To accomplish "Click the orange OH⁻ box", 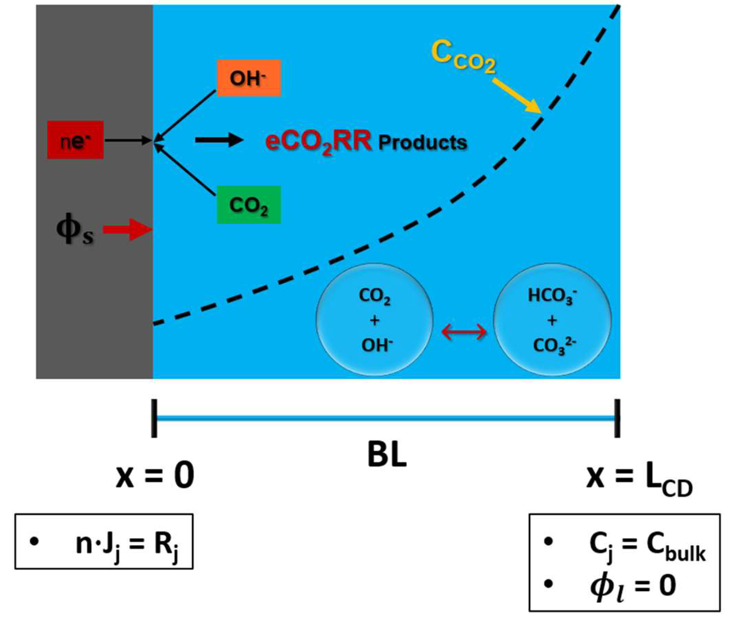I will click(249, 78).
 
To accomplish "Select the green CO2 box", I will click(249, 205).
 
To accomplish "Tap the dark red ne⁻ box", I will click(75, 140).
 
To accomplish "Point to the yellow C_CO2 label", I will click(463, 57).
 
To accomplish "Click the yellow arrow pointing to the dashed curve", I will click(516, 96).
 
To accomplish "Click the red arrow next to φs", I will click(128, 230).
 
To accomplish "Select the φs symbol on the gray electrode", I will click(75, 231).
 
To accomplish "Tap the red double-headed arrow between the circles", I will click(464, 332).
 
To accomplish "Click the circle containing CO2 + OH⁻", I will click(375, 320).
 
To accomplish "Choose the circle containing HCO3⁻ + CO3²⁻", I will click(552, 320).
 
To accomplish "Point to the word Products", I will click(422, 142).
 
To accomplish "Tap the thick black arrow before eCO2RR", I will click(219, 140).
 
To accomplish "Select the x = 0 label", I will click(155, 476).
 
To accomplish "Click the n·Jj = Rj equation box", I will click(104, 542).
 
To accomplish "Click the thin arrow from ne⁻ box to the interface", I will click(128, 140).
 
